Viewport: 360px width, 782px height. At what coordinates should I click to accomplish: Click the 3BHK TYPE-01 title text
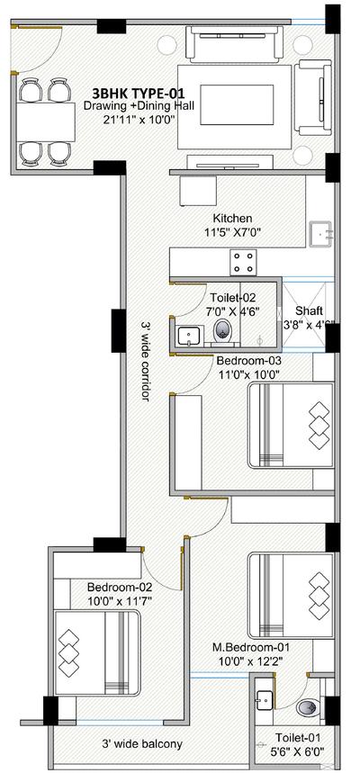[x=139, y=94]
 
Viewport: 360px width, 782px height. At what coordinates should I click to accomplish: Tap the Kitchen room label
[x=232, y=219]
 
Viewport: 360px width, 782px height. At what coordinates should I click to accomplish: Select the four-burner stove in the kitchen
[x=243, y=261]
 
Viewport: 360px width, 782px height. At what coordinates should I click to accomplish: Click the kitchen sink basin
[x=320, y=234]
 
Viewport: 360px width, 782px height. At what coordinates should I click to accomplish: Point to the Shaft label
[x=309, y=310]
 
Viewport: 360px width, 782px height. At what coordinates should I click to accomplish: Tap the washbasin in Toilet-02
[x=190, y=335]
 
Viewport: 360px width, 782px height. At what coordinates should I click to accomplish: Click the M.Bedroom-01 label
[x=251, y=647]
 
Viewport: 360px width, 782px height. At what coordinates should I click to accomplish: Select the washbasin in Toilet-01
[x=264, y=703]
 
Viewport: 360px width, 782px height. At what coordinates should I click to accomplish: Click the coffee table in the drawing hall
[x=237, y=104]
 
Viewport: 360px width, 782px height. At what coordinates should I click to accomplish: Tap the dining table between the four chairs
[x=45, y=122]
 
